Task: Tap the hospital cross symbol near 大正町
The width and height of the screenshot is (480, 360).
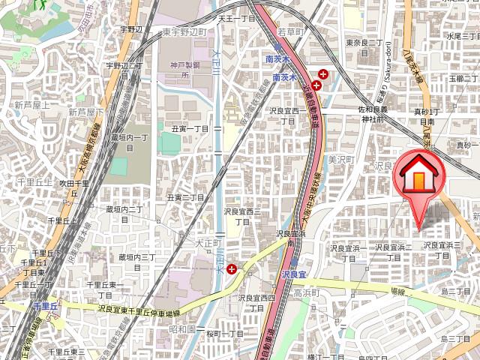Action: tap(232, 268)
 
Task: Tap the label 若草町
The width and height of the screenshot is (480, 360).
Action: tap(292, 33)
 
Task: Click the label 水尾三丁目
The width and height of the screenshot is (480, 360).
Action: tap(463, 35)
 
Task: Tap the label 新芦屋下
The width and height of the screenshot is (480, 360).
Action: tap(85, 112)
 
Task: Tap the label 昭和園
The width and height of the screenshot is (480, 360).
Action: tap(182, 329)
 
